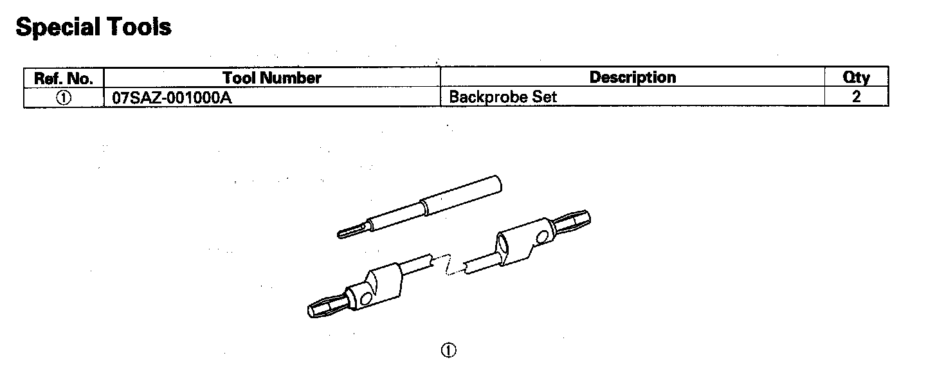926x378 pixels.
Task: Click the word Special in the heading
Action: [x=57, y=27]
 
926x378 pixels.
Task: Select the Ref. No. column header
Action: [x=64, y=78]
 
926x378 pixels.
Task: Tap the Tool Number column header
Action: [x=271, y=78]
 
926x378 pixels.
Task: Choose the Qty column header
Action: [x=856, y=78]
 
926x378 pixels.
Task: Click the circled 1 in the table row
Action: [x=64, y=98]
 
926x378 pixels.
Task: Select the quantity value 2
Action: [x=856, y=98]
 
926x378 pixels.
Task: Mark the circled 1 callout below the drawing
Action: [x=448, y=350]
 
